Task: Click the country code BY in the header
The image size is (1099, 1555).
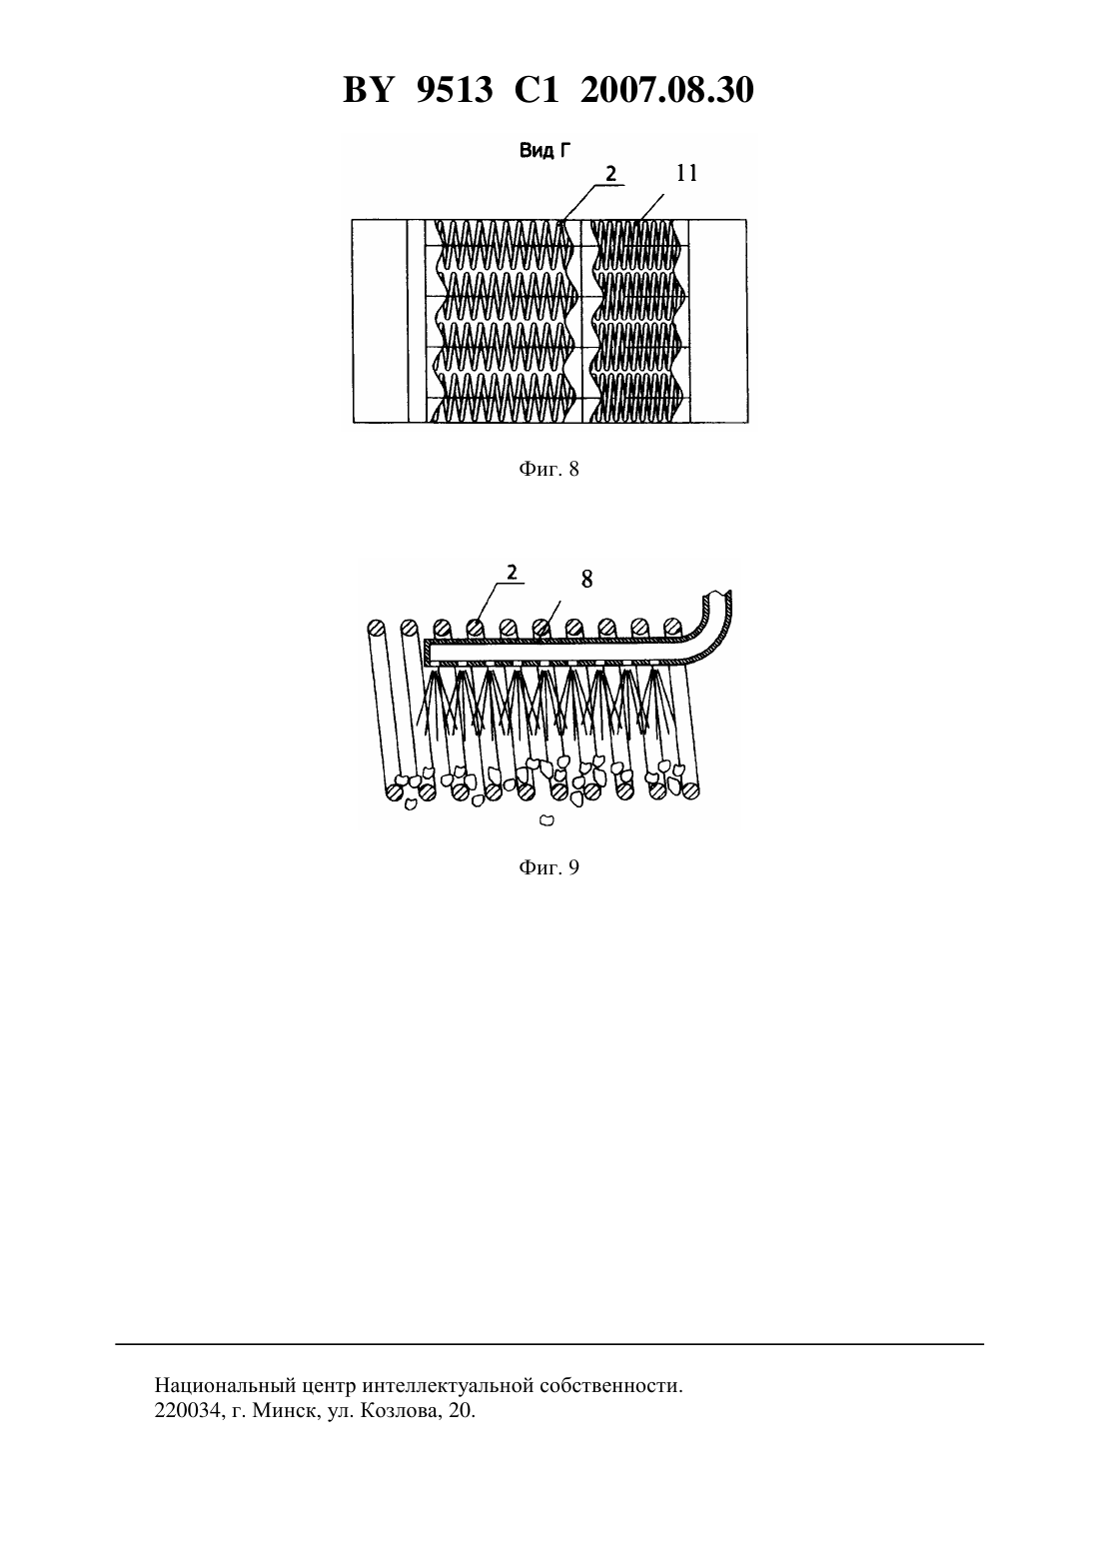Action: click(368, 91)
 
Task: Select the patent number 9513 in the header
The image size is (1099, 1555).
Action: click(455, 91)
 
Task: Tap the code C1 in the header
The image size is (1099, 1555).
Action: click(537, 91)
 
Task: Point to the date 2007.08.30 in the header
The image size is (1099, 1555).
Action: click(666, 91)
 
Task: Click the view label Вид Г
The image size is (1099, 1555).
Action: click(546, 150)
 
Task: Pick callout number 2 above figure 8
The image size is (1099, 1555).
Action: click(610, 174)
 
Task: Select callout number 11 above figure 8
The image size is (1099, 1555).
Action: click(687, 173)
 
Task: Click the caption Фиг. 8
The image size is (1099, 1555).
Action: click(549, 470)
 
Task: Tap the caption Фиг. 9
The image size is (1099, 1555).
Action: click(549, 867)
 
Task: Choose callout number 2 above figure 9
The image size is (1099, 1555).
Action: click(512, 572)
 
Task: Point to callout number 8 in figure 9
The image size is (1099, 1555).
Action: click(587, 580)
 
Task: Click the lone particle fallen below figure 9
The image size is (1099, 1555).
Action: click(547, 820)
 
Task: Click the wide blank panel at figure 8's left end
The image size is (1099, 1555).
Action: click(380, 321)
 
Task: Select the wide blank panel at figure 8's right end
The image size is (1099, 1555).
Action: click(718, 321)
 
